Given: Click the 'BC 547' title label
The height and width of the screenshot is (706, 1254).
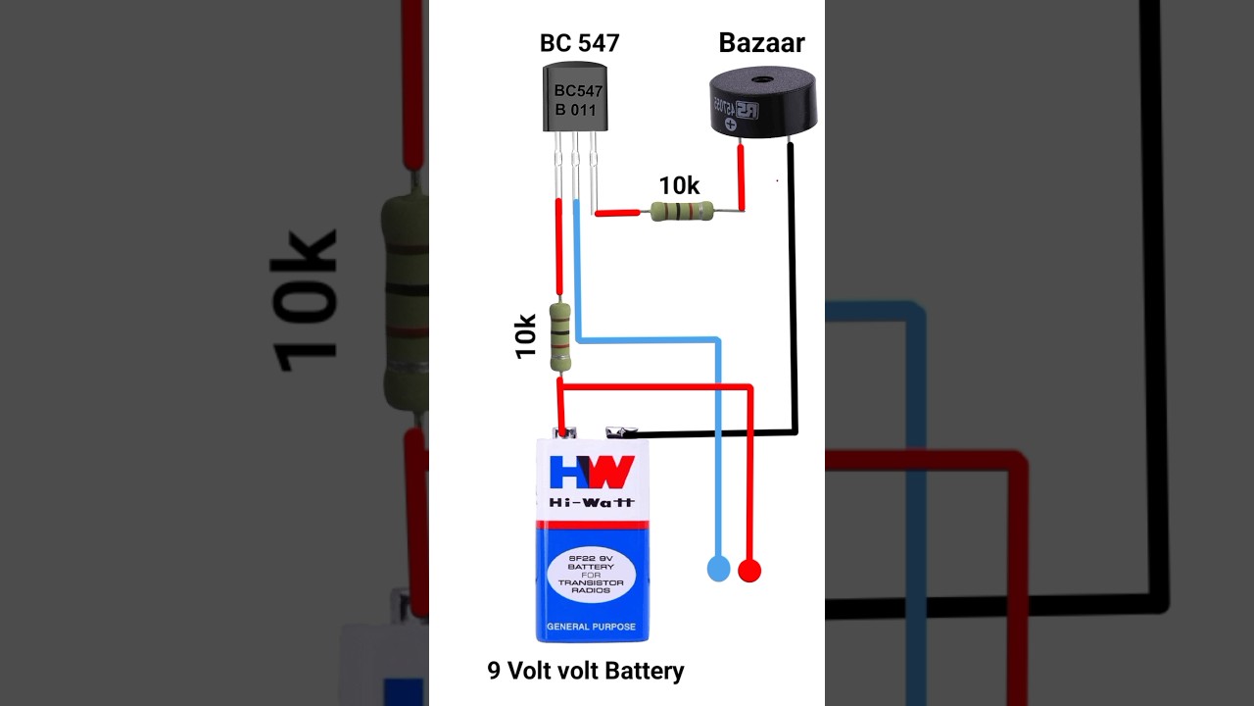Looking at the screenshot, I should tap(579, 43).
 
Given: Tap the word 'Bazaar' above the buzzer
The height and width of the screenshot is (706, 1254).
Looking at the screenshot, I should tap(761, 42).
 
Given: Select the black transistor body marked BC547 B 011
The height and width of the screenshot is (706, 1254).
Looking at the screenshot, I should tap(575, 98).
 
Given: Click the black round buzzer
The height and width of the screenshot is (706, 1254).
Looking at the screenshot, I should tap(762, 102).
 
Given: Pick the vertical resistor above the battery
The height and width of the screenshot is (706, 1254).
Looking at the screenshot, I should tap(560, 336).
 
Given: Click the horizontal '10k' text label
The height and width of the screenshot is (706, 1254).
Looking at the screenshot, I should tap(679, 185).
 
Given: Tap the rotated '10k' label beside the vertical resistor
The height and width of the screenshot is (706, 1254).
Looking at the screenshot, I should tap(526, 335).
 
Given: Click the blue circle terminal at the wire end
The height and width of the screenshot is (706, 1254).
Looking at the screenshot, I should tap(718, 569).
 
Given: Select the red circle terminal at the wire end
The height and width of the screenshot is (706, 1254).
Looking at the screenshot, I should tap(749, 570).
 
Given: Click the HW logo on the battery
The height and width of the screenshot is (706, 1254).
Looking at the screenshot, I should tap(591, 473).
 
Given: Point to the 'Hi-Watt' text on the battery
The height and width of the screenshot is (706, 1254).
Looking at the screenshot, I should tap(591, 502).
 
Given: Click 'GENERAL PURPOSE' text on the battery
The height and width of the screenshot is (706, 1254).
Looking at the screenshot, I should tap(591, 627).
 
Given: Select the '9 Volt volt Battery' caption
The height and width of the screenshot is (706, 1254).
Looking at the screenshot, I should tap(586, 671).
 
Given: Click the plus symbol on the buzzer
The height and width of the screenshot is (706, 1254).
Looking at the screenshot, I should tap(730, 125).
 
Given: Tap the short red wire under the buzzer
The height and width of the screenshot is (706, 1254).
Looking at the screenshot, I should tap(741, 176).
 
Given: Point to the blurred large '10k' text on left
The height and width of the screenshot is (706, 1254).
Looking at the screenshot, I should tap(304, 300).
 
